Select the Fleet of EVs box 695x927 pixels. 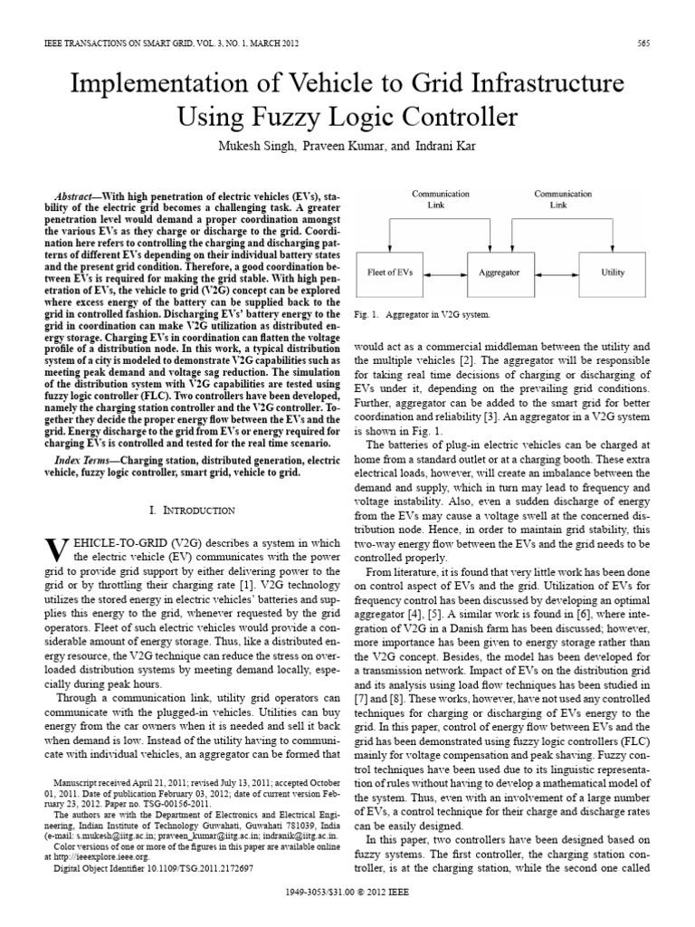[391, 272]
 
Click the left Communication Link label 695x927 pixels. [441, 199]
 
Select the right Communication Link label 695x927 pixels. [563, 199]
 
